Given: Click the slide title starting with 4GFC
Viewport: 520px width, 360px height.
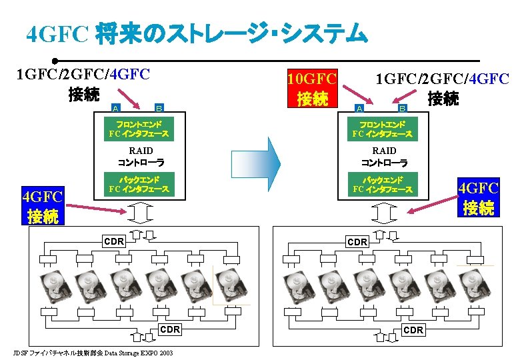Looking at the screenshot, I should coord(197,33).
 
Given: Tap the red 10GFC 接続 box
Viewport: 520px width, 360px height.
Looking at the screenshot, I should coord(311,87).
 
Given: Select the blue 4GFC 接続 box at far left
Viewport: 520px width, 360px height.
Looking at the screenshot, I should coord(42,207).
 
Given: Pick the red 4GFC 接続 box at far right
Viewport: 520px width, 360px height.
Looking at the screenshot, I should coord(478,198).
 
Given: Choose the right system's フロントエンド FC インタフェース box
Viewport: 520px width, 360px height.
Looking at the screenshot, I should coord(383,129).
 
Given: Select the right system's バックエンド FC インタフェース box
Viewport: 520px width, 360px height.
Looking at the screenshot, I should coord(383,185).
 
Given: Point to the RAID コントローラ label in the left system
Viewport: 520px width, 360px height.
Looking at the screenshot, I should coord(141,157).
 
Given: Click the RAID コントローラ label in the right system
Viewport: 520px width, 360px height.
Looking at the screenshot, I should coord(384,157).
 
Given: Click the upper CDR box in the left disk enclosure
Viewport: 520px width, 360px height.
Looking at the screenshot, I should coord(114,241).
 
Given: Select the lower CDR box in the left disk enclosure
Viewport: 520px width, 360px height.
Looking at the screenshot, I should coord(170,329).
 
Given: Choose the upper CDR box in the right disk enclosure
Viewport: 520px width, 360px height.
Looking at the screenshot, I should coord(357,241).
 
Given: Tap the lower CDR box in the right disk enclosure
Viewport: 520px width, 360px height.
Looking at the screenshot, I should coord(413,329).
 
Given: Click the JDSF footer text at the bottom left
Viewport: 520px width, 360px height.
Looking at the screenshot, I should coord(93,353).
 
